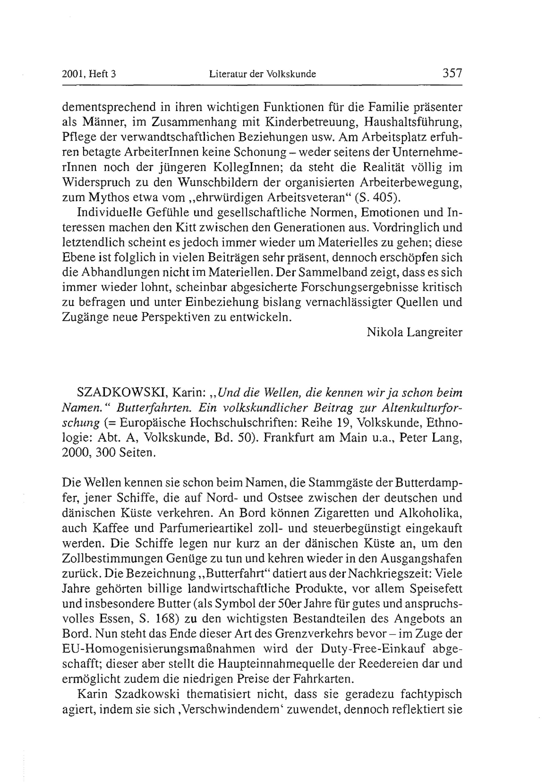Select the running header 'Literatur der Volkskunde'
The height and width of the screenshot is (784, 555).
(x=262, y=74)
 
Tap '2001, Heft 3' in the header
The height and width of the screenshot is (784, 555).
(x=89, y=74)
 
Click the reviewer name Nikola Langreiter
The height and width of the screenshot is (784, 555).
(x=414, y=332)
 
